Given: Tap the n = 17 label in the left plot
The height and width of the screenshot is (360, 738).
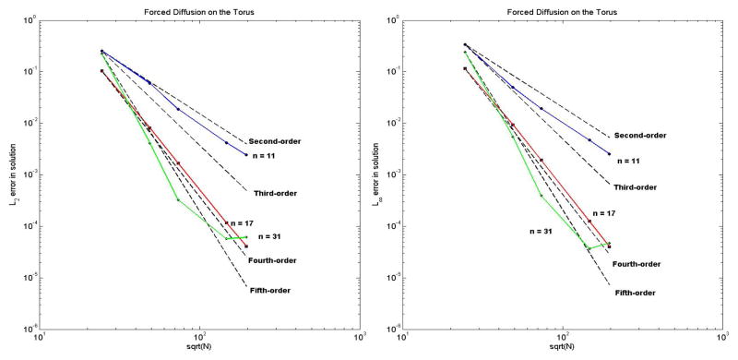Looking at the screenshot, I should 239,223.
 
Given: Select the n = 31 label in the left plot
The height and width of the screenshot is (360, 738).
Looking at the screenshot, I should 271,238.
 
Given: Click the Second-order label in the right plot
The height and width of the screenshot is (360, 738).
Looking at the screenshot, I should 639,136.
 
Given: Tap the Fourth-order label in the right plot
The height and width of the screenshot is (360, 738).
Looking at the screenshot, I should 637,264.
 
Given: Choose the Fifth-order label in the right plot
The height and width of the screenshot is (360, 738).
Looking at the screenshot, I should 635,293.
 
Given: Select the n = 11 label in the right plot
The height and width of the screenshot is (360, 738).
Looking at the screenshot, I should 629,161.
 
